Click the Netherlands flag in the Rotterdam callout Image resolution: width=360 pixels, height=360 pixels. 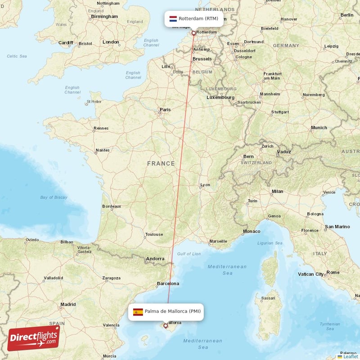(x=173, y=19)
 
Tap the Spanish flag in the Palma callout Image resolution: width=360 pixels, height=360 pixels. (x=138, y=311)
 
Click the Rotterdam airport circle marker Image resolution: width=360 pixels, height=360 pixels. (x=194, y=33)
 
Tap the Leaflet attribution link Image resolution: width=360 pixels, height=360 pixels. (x=347, y=356)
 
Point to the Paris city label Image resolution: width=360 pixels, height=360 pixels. (x=165, y=109)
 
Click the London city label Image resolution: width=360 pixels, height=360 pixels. (x=111, y=42)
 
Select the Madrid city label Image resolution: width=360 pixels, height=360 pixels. (x=68, y=304)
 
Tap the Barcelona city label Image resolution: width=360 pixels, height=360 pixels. (x=168, y=283)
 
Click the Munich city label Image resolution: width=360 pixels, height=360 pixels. (x=319, y=128)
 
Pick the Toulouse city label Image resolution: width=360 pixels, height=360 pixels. (x=154, y=234)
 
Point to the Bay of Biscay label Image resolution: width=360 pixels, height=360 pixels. (x=54, y=198)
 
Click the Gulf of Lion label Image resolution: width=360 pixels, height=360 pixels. (x=189, y=254)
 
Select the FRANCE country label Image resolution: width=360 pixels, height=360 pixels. (x=161, y=164)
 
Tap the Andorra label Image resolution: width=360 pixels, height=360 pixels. (x=155, y=259)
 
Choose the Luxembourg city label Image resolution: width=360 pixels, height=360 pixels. (x=220, y=97)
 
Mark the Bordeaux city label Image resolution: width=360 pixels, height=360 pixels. (x=112, y=207)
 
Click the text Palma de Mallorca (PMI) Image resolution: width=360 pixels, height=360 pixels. (x=172, y=311)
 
